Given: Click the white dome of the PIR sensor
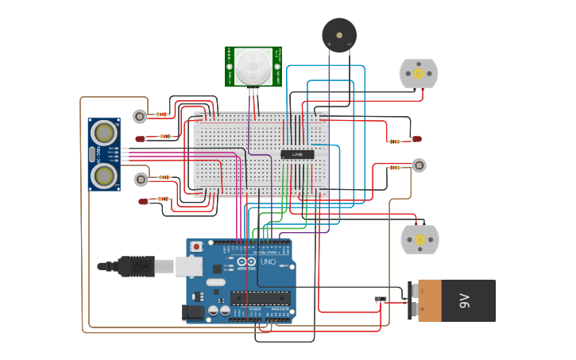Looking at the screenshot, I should pos(252,67).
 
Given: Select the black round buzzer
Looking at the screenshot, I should pos(339,35).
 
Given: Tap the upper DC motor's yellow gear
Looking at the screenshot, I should pos(419,74).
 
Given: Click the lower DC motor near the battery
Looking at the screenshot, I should pos(419,239).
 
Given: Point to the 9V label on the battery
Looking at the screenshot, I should pos(464,301).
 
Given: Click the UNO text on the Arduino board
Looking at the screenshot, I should pos(268,261).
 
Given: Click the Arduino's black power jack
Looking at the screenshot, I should pos(193,313).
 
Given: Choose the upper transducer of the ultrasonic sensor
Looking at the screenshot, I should pos(103,131).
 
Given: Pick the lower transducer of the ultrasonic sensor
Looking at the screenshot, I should pos(103,173).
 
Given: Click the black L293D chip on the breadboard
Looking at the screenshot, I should pos(297,154).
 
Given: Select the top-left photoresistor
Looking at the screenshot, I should pos(140,117).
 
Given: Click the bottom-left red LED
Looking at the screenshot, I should pos(143,202).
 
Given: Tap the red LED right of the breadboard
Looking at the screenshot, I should pos(416,139).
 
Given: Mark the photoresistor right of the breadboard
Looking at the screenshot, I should pos(419,165).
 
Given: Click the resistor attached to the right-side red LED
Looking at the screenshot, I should pos(395,141).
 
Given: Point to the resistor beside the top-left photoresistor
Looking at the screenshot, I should pos(163,114).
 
